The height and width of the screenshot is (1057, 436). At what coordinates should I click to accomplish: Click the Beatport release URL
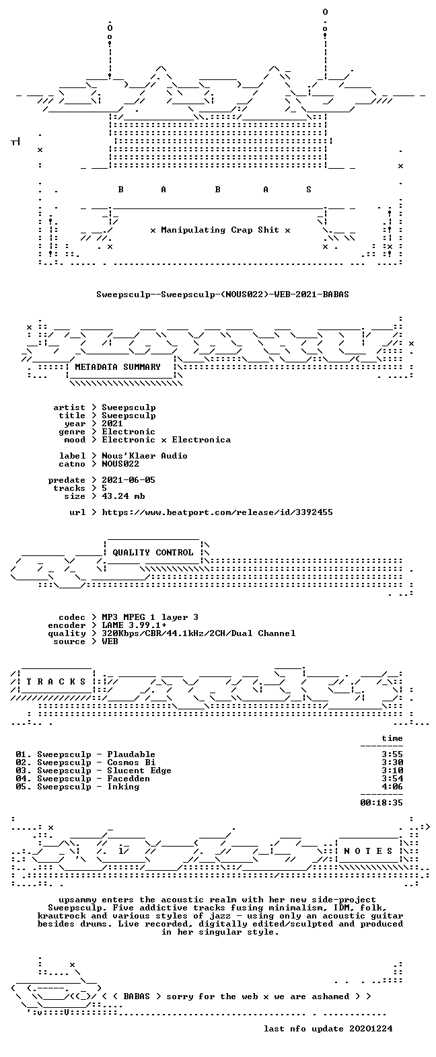click(x=217, y=512)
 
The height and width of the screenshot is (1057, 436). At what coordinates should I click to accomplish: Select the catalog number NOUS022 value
click(x=120, y=464)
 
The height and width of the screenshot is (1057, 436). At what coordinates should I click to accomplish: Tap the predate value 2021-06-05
click(x=129, y=480)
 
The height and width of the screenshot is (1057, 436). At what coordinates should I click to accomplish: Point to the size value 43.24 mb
click(x=123, y=496)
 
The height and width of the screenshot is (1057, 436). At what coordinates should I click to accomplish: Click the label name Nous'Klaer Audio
click(x=145, y=456)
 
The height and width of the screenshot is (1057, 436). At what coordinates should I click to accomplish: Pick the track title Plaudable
click(x=131, y=754)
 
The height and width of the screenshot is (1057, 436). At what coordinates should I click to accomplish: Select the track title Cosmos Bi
click(x=131, y=762)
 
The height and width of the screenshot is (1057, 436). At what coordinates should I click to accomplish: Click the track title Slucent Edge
click(x=139, y=771)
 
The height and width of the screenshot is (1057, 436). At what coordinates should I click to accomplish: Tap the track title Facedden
click(x=129, y=779)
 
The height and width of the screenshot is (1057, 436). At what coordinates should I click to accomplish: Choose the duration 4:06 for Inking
click(x=392, y=787)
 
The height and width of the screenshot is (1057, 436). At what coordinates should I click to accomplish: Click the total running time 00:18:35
click(x=381, y=803)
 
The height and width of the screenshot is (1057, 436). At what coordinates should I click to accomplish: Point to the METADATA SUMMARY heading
click(x=118, y=367)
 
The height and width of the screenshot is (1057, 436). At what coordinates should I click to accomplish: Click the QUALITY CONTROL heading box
click(x=153, y=553)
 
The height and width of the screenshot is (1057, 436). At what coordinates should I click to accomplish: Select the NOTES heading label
click(x=369, y=851)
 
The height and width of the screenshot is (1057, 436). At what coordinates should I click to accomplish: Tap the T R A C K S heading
click(x=57, y=682)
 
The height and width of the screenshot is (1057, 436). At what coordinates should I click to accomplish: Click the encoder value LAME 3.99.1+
click(x=134, y=626)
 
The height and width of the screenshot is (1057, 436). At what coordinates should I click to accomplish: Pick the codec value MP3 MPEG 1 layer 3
click(x=150, y=617)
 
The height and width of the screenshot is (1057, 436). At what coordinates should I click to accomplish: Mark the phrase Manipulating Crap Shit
click(x=220, y=230)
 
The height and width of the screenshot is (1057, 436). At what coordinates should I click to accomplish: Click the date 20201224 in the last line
click(x=371, y=1029)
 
